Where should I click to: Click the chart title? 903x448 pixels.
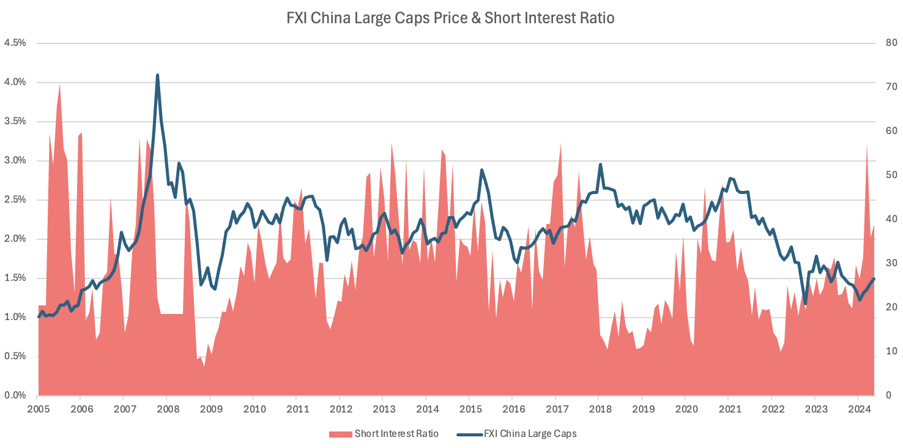(x=450, y=18)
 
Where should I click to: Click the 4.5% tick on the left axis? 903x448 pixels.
(x=15, y=43)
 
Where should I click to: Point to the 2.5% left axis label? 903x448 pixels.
(x=15, y=200)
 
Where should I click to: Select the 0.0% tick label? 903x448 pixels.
(x=15, y=395)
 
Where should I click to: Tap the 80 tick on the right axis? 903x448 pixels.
(x=886, y=43)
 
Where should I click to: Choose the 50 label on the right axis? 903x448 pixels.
(x=886, y=175)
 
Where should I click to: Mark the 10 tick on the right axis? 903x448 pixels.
(x=886, y=351)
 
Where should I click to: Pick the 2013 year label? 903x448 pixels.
(x=383, y=409)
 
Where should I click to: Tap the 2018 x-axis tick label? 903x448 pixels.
(x=598, y=409)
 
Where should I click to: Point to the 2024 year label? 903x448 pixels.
(x=858, y=409)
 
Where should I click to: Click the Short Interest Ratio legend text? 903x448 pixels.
(x=396, y=434)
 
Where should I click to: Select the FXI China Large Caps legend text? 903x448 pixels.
(x=530, y=434)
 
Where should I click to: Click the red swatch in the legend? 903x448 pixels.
(x=340, y=434)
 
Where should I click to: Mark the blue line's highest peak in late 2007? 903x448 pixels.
(x=157, y=75)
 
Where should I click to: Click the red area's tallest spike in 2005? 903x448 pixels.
(x=59, y=84)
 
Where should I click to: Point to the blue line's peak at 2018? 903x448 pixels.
(x=600, y=164)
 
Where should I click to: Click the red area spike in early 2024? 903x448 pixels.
(x=867, y=146)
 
